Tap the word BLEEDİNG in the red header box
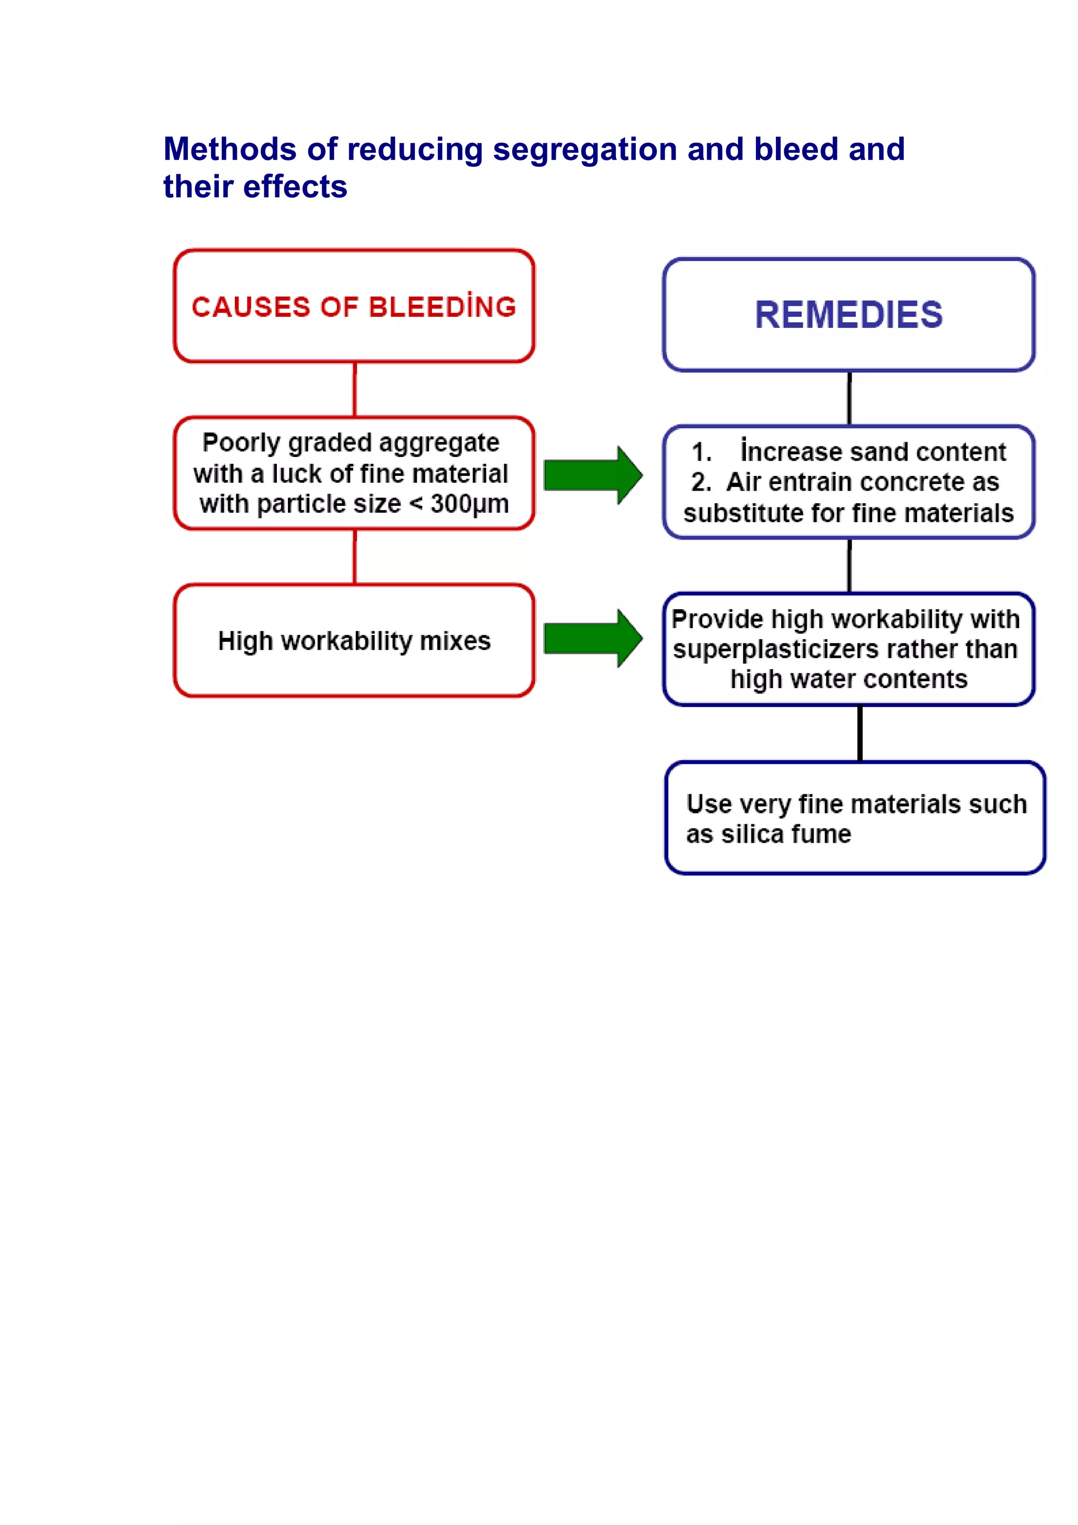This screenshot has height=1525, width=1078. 442,307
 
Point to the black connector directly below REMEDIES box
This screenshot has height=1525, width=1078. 849,398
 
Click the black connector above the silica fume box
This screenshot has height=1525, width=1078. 860,733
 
